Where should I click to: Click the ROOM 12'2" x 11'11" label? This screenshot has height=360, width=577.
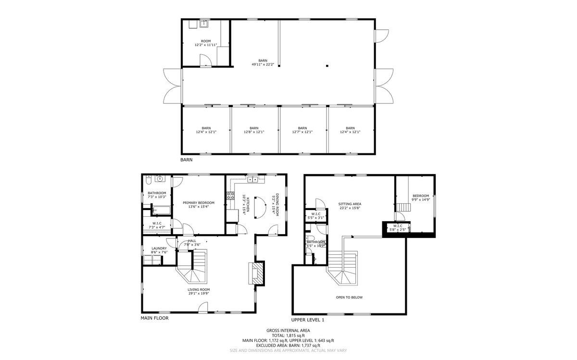point(206,43)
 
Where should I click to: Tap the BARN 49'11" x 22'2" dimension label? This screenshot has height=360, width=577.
point(263,62)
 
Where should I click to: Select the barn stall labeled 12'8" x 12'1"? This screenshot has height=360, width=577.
point(254,130)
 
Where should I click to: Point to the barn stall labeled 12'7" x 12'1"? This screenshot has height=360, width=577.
point(302,130)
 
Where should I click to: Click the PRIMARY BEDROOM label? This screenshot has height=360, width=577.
point(199,205)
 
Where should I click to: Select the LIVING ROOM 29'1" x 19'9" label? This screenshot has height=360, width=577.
point(198,291)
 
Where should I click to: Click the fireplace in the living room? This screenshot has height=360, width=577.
point(258,273)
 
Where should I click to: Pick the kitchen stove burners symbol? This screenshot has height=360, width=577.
point(229,197)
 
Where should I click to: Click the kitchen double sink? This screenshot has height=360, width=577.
point(253,180)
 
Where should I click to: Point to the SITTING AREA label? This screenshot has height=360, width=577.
point(350,206)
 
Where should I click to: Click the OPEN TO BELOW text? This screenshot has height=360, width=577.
point(349,298)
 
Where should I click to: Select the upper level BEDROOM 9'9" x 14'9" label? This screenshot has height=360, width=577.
point(421,198)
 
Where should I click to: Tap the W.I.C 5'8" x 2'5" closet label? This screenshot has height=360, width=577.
point(397,227)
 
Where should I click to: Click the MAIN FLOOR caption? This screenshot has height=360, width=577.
point(154,318)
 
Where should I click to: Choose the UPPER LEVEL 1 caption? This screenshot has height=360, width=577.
point(308,320)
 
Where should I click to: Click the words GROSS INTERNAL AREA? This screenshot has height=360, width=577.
point(288,330)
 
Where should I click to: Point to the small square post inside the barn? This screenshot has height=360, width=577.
point(326,66)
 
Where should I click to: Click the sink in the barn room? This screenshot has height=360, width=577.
point(204,23)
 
